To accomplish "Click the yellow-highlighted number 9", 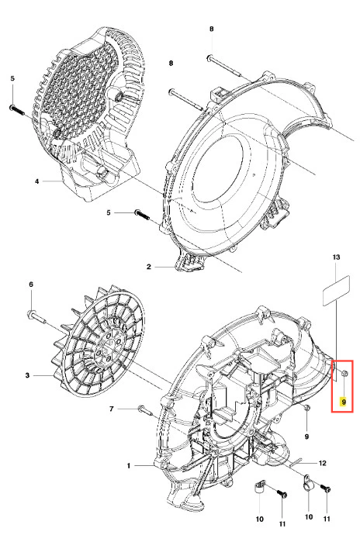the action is (344, 402).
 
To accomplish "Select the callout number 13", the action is (336, 257).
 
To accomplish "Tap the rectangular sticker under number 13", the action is (336, 291).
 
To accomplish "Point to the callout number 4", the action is (37, 181).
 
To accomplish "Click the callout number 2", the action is (148, 267).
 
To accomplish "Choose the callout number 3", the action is (27, 375).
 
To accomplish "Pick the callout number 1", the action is (129, 465).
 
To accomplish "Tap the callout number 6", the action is (31, 285).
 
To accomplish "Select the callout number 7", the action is (112, 409).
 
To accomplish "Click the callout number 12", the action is (322, 463).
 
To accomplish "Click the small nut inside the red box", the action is (344, 373).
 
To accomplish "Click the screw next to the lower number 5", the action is (143, 215).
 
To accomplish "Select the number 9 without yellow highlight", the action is (306, 437).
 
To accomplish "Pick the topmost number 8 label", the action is (212, 29).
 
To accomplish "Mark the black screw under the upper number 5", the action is (17, 110).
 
